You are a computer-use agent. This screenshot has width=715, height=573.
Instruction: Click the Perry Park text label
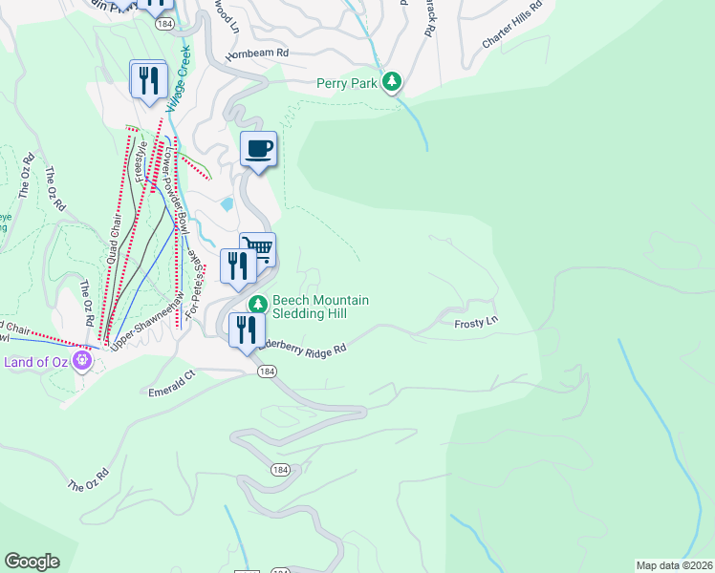347,83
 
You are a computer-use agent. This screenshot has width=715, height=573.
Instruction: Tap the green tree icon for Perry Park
391,83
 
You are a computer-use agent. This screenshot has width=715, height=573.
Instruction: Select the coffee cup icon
258,149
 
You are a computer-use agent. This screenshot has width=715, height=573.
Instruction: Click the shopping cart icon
258,249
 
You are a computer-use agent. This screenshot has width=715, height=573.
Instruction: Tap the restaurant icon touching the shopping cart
236,265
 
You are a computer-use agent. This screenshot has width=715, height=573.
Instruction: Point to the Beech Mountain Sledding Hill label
320,307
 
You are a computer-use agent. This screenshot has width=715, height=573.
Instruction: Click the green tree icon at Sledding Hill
257,305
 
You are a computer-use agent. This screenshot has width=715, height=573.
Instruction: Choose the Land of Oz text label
36,361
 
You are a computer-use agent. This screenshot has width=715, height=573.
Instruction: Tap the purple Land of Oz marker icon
83,360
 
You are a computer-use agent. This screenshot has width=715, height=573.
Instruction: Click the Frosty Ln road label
476,324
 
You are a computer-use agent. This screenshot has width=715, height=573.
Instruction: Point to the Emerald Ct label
171,391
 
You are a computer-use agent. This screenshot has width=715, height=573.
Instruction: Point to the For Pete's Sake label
195,281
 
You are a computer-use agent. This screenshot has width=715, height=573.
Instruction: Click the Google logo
32,561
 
